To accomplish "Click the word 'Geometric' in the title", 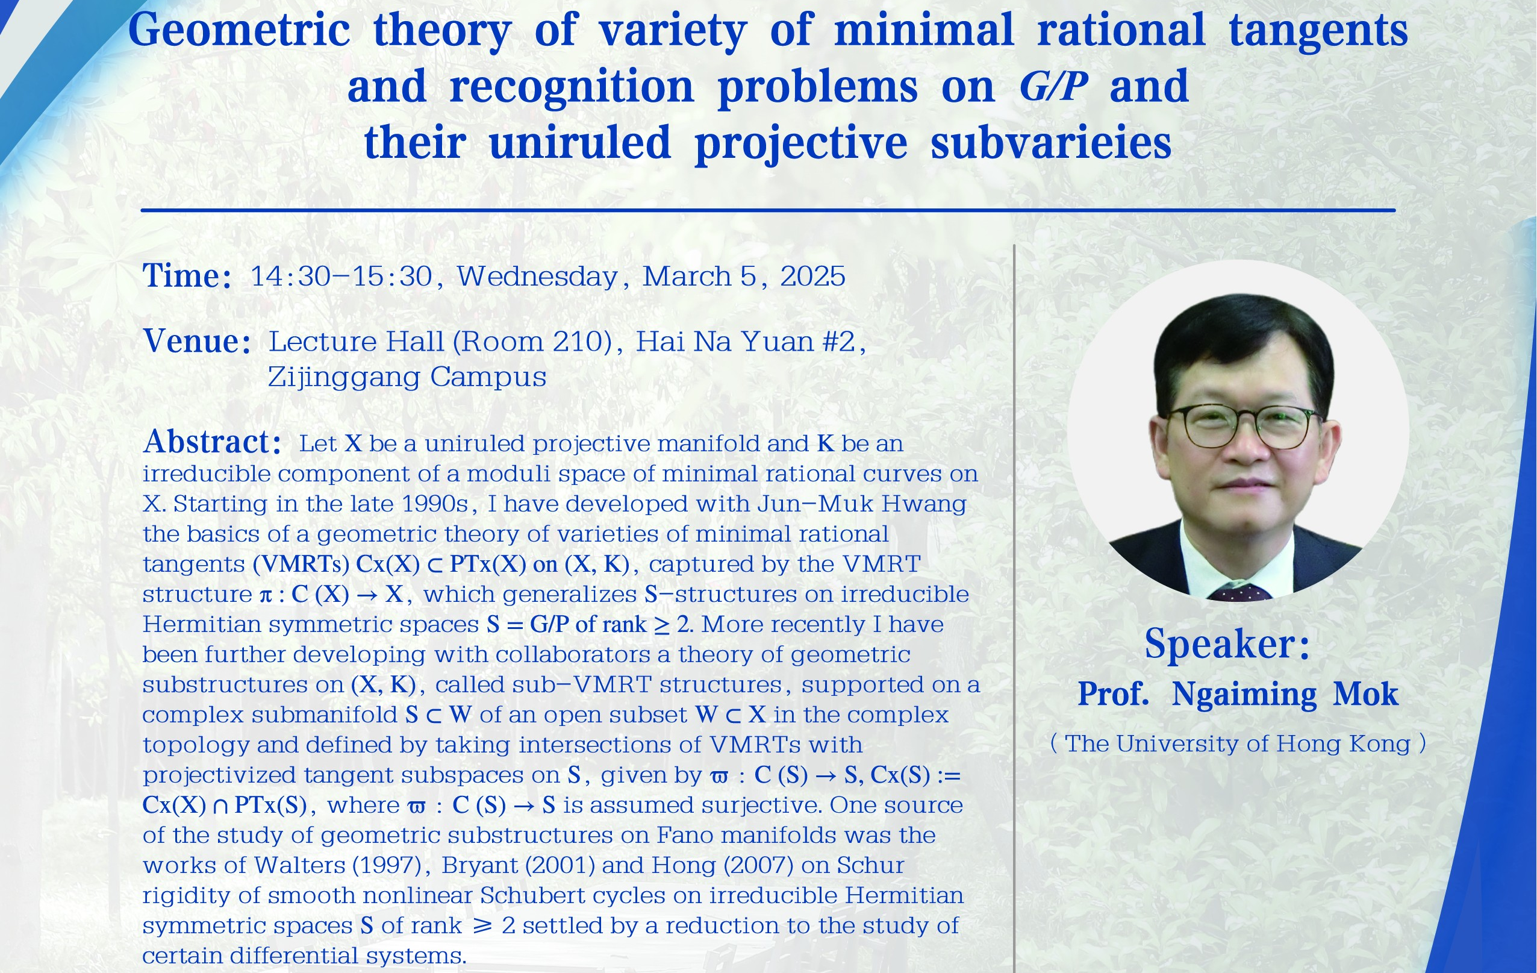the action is [x=238, y=31].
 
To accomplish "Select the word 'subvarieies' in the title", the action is [x=1050, y=142].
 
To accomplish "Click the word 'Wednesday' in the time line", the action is [x=537, y=277].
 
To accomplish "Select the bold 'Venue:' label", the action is [x=196, y=341].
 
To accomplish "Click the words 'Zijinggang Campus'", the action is [x=407, y=377].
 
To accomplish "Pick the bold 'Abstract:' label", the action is [x=212, y=441].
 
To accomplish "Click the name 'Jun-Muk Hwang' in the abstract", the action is [x=862, y=504].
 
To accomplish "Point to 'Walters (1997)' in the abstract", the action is [x=337, y=865].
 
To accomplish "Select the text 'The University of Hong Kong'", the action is [x=1238, y=744].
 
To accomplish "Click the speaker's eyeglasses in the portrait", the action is [x=1242, y=426].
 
